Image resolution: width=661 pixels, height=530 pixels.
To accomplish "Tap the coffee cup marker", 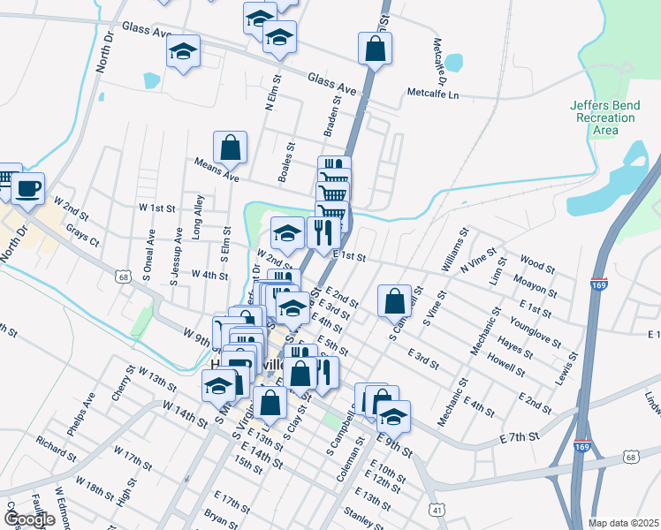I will pyautogui.click(x=27, y=187).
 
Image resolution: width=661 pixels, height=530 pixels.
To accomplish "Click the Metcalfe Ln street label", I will pyautogui.click(x=433, y=93).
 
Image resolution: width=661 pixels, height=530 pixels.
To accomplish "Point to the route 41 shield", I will pyautogui.click(x=437, y=510).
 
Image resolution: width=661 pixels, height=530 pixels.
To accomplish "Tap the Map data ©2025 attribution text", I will pyautogui.click(x=624, y=523).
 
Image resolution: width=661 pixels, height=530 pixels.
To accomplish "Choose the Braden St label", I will pyautogui.click(x=332, y=117).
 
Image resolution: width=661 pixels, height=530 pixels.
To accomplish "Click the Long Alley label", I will pyautogui.click(x=199, y=218).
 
